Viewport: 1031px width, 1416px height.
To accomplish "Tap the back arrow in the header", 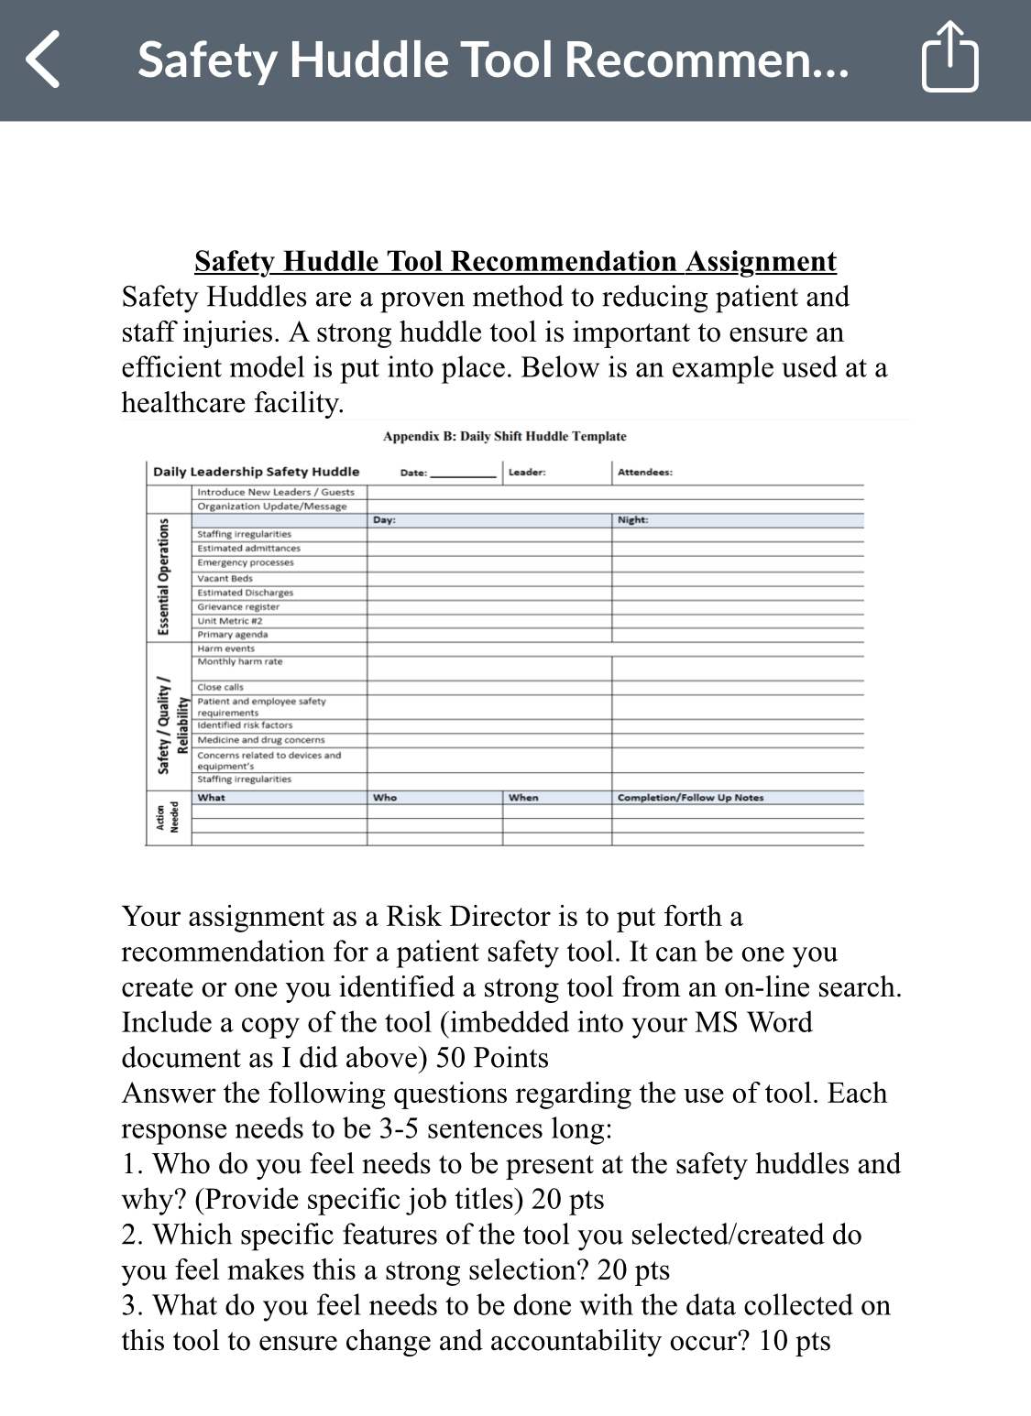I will tap(43, 60).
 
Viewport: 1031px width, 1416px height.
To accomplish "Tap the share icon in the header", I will tap(949, 59).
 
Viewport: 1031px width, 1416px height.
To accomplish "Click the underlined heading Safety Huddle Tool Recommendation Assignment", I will tap(515, 262).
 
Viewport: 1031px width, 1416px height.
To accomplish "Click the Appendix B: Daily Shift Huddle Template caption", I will tap(504, 437).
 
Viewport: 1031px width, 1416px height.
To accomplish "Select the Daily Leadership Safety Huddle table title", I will tap(256, 472).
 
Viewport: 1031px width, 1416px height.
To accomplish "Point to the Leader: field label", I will tap(527, 473).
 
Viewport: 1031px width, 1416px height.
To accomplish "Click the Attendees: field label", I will tap(644, 473).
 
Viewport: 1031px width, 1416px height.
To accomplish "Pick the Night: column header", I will tap(632, 520).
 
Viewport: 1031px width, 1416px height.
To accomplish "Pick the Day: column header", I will tap(384, 520).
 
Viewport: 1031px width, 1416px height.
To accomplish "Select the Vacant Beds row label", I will tap(225, 578).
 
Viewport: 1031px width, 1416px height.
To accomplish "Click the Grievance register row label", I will tap(238, 606).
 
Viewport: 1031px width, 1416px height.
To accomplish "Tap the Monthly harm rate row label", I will tap(240, 661).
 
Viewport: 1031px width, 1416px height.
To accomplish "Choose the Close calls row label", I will tap(220, 687).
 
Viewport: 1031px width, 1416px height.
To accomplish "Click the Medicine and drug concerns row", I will tap(260, 740).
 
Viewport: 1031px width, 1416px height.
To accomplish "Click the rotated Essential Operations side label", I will tap(163, 576).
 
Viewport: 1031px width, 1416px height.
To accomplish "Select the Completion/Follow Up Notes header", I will tap(690, 798).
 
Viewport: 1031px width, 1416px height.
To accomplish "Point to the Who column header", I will tap(385, 798).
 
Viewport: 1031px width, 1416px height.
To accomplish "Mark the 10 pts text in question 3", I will tap(795, 1341).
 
